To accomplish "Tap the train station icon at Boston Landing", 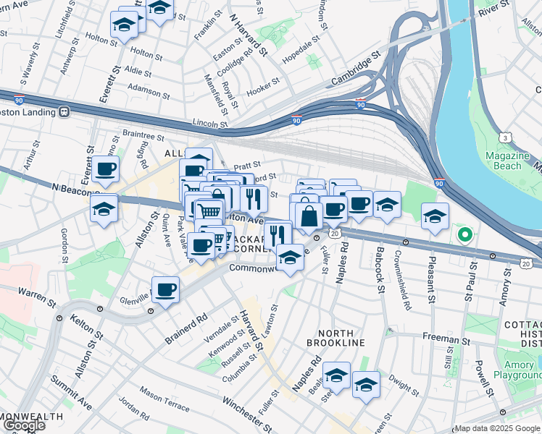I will coord(64,112).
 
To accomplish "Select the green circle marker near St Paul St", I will coord(464,234).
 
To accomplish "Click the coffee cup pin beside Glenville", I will coord(166,290).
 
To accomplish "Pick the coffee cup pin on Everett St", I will coord(105,169).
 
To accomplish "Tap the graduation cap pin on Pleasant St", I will coord(435,216).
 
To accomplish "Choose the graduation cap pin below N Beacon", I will coord(104,209).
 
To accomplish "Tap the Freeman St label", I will coord(442,339).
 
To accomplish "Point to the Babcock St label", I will coord(380,269).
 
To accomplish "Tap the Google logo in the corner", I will coord(23,425).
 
